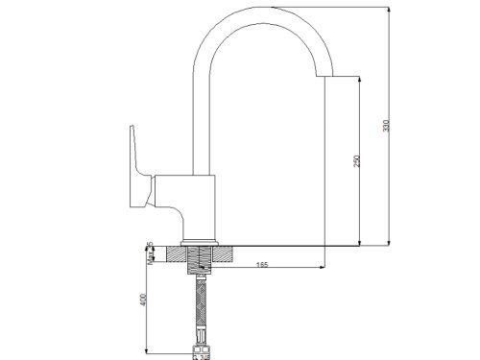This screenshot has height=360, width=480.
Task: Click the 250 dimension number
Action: pos(357,160)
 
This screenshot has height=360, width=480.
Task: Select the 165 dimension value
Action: pos(261,265)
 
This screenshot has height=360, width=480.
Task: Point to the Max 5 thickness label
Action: pos(149,252)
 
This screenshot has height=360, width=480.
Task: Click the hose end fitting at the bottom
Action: pos(200,343)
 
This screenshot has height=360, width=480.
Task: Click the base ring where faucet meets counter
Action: pos(200,240)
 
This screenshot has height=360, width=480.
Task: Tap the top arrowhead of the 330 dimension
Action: pos(388,11)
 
